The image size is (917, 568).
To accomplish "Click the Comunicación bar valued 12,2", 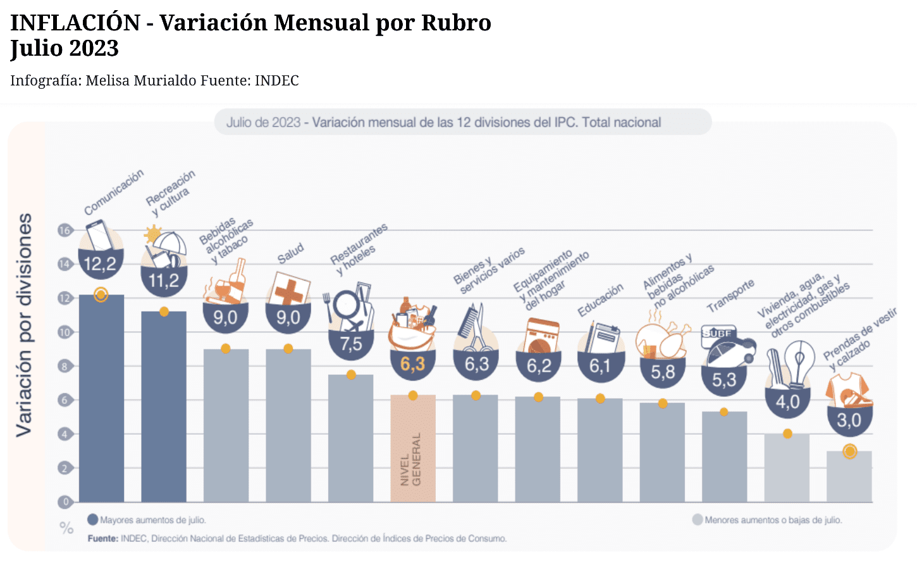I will [101, 399].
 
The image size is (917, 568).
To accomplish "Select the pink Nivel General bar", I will [413, 450].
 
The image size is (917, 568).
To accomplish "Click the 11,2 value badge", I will [164, 281].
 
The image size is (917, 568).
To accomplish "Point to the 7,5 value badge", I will [351, 344].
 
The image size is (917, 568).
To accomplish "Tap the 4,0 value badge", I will [787, 401].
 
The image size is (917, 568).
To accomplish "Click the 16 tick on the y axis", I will [65, 230].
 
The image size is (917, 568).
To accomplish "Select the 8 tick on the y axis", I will [65, 366].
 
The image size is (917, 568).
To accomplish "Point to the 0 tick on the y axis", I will [65, 502].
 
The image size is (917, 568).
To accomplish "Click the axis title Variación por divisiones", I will [24, 325].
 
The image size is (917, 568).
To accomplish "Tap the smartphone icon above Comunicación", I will [99, 235].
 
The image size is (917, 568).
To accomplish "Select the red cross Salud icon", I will [290, 291].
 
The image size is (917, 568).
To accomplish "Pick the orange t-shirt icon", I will [848, 389].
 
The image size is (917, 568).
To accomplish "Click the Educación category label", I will [600, 300].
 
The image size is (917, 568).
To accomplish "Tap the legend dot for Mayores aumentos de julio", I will [93, 520].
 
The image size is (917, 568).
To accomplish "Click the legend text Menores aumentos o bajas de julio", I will [773, 520].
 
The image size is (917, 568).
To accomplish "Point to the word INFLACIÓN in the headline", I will [75, 23].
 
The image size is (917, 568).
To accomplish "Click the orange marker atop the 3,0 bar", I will [849, 451].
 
